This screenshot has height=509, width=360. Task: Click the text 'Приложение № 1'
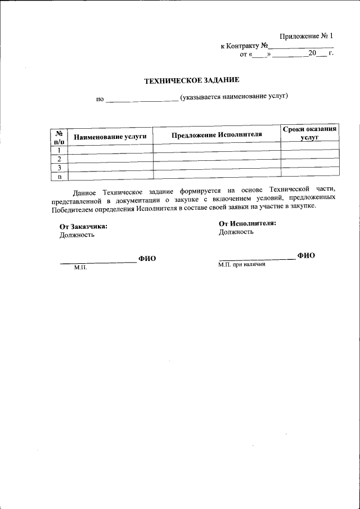pos(307,36)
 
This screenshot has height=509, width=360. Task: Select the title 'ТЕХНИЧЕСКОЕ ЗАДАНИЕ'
pos(192,81)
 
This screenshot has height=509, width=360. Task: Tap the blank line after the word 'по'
pos(142,101)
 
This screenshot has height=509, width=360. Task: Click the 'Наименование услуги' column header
pos(110,137)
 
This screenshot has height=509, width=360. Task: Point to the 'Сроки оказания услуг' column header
pos(310,133)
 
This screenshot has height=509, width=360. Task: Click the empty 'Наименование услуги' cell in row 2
pos(110,158)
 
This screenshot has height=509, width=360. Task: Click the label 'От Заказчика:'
pos(83,227)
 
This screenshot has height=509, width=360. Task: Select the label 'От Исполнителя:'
pos(247,223)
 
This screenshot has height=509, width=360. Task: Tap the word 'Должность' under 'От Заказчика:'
pos(77,235)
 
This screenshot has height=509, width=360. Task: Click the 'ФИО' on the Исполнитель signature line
pos(306,255)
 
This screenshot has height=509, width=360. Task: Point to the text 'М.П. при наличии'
pos(242,264)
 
